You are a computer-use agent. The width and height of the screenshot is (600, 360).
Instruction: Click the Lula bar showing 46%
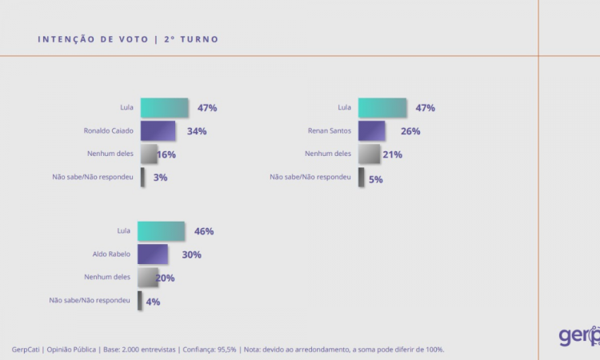tap(161, 231)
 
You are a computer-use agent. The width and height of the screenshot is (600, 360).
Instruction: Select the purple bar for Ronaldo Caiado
tap(158, 131)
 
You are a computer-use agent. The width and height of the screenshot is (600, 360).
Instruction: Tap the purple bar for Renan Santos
tap(371, 131)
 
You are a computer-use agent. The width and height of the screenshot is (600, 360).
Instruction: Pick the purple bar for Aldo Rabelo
tap(153, 254)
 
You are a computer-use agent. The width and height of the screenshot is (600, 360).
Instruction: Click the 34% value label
tap(197, 131)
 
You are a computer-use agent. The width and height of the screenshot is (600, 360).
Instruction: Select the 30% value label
tap(191, 255)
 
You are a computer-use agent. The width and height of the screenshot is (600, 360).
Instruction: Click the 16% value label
tap(166, 154)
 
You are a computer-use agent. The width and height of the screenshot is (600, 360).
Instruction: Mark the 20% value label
tap(166, 278)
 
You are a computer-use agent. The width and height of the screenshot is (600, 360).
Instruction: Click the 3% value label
tap(160, 178)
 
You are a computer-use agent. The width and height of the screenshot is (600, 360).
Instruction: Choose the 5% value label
tap(376, 179)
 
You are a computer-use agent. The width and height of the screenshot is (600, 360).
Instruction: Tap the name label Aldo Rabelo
tap(110, 254)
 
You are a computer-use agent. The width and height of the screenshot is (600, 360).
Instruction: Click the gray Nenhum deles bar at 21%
tap(369, 154)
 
